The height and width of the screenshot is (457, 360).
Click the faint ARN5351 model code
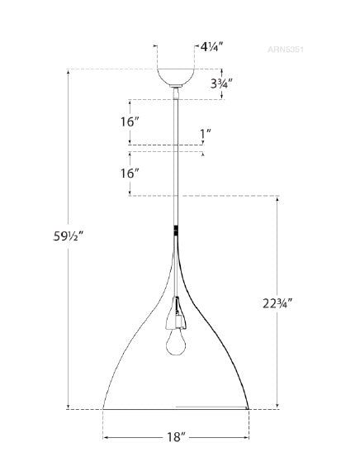[287, 49]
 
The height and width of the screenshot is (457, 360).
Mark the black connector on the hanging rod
[175, 231]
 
